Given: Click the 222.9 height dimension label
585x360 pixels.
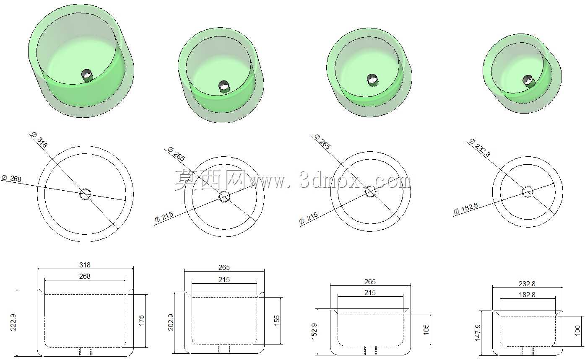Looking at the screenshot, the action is point(13,322).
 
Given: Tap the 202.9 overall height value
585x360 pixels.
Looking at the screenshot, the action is point(171,322).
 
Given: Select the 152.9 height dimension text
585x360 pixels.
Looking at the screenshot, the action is point(314,331).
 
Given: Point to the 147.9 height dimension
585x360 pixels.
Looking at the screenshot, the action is point(478,333).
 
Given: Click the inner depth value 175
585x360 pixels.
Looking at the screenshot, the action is point(141,321).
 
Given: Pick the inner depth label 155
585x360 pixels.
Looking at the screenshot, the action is point(277,321).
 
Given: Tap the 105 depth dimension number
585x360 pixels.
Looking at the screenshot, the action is point(426,330).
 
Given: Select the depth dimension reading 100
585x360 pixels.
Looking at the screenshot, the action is point(577,331).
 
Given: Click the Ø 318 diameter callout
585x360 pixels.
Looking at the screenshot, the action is point(39,140).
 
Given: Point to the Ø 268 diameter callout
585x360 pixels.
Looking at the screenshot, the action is point(11,178).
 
